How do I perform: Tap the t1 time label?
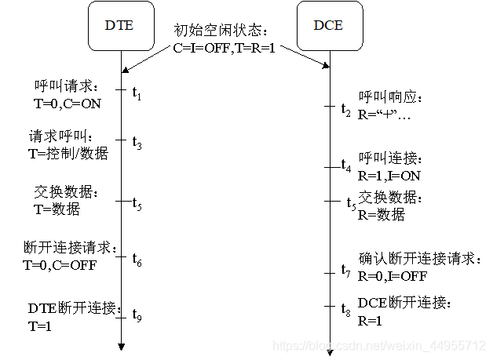pyautogui.click(x=137, y=94)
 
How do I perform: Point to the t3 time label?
pyautogui.click(x=137, y=144)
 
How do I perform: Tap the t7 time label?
pyautogui.click(x=346, y=271)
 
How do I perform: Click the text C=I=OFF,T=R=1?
pyautogui.click(x=225, y=48)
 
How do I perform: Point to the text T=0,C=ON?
pyautogui.click(x=68, y=102)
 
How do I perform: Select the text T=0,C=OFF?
pyautogui.click(x=60, y=264)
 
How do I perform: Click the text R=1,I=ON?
pyautogui.click(x=389, y=176)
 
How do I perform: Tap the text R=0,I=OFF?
pyautogui.click(x=393, y=275)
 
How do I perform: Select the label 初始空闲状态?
pyautogui.click(x=221, y=31)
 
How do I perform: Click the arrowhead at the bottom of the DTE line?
pyautogui.click(x=122, y=346)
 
